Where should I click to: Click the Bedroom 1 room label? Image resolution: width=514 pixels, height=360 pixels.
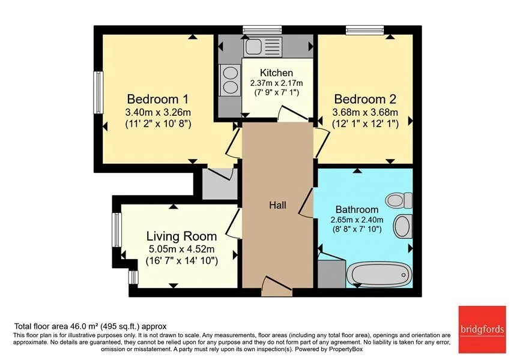[x=158, y=99]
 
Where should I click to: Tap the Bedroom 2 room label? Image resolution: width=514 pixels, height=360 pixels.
[x=365, y=99]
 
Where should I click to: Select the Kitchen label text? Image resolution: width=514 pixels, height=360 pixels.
[x=276, y=73]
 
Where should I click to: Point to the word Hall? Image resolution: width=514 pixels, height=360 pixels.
[x=277, y=205]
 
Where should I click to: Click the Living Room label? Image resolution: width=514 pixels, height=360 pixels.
[x=181, y=236]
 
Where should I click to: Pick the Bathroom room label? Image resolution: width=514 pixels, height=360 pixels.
[x=357, y=209]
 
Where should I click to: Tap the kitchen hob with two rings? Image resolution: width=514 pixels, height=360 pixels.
[x=230, y=80]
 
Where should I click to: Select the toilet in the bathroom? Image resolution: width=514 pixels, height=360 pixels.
[x=399, y=200]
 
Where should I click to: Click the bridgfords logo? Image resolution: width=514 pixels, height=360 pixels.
[x=482, y=329]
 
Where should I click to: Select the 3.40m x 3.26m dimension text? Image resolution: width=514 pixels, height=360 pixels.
[x=158, y=113]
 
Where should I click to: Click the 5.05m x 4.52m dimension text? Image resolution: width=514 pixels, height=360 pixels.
[x=181, y=249]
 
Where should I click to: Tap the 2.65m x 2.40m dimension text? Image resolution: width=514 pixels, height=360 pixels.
[x=357, y=220]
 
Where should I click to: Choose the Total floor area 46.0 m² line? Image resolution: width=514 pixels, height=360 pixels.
[x=90, y=326]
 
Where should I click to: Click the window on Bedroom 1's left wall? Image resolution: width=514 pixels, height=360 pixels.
[x=98, y=92]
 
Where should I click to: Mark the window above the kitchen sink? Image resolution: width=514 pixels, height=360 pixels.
[x=262, y=30]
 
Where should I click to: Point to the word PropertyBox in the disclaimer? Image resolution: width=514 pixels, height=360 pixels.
[x=346, y=349]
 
